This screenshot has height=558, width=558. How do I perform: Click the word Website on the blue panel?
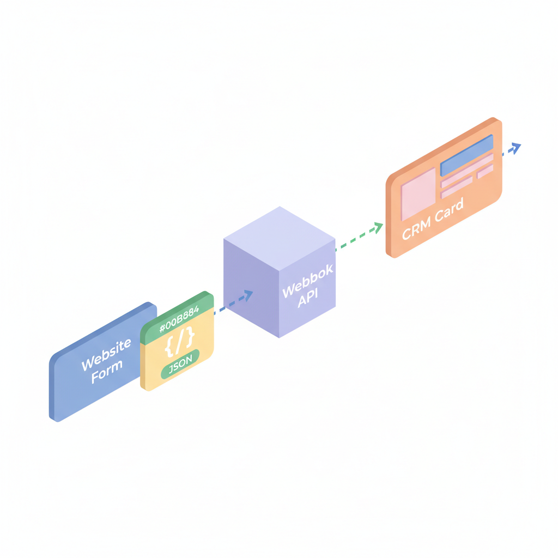tap(106, 354)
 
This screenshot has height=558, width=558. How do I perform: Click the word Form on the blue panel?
tap(107, 372)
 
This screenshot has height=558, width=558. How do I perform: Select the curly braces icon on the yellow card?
tap(180, 342)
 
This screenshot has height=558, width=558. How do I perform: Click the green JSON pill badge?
tap(180, 365)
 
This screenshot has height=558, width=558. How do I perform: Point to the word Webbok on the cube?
tap(308, 281)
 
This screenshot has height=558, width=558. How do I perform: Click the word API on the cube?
tap(308, 298)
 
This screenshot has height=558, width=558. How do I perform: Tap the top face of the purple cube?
tap(280, 239)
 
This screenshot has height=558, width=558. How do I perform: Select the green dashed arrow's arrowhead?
tap(377, 227)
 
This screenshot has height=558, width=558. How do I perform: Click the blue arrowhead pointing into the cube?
tap(248, 295)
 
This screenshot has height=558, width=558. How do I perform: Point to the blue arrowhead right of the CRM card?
tap(515, 148)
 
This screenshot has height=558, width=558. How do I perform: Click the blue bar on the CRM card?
tap(466, 155)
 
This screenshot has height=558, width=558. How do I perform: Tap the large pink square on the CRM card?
tap(418, 194)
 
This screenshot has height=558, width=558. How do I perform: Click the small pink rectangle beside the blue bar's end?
tap(485, 171)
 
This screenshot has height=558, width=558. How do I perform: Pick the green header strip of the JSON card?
tap(177, 318)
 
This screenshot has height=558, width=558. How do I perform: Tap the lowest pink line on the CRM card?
tap(457, 187)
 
